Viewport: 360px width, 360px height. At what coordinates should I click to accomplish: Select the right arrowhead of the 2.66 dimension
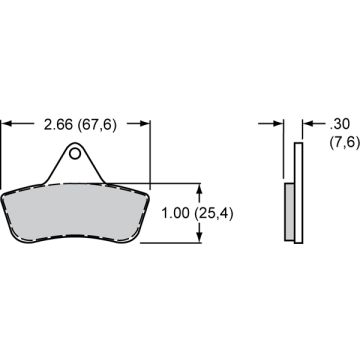146,124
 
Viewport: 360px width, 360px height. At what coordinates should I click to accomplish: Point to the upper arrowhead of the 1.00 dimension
203,189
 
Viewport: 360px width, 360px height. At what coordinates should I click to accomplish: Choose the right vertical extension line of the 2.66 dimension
150,150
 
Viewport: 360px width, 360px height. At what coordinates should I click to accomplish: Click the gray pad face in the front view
76,212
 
